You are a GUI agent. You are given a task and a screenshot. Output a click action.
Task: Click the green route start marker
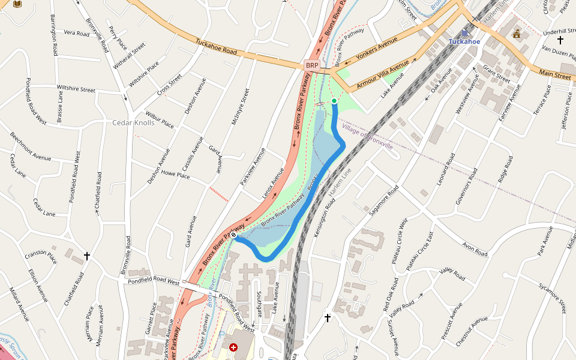coord(334,101)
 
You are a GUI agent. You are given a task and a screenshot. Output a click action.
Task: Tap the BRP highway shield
coord(312,65)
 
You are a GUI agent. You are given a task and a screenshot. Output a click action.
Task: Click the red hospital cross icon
coord(233,347)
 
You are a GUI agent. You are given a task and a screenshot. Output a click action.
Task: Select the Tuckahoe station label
coord(464,41)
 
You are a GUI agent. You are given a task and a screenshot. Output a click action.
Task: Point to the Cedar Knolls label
coord(133,123)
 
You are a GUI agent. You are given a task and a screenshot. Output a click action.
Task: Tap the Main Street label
coord(554,76)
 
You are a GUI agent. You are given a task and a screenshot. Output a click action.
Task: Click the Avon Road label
coord(475,249)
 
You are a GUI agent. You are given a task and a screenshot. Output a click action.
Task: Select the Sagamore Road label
coord(384,200)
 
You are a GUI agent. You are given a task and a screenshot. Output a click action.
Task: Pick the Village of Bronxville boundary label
coord(367,137)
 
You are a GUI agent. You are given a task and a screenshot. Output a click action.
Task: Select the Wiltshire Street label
coord(76,89)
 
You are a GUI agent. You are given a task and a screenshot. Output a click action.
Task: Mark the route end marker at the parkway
coord(234,236)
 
